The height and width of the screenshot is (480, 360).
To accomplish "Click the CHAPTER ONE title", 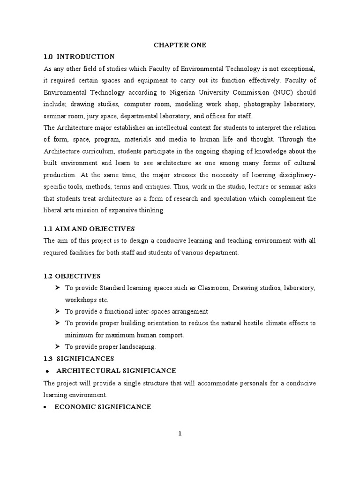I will [180, 45].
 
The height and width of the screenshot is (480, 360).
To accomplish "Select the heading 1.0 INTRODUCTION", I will [79, 57].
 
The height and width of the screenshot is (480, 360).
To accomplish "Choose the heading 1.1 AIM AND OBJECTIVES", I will [89, 229].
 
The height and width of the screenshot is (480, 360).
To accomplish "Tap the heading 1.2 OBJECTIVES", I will [72, 276].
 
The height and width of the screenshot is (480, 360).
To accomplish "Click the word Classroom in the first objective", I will [210, 287].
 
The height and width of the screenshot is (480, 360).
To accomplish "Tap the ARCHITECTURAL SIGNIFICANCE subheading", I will [116, 371].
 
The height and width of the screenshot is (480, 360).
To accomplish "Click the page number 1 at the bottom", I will [180, 434].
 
